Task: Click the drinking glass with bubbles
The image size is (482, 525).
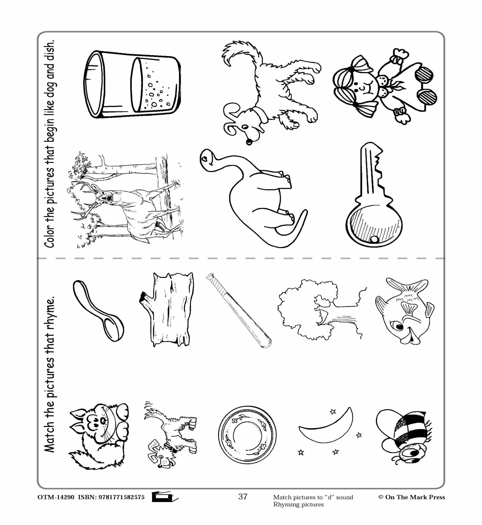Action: click(132, 84)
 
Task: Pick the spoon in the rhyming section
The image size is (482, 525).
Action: click(99, 311)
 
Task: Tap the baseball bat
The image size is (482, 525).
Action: click(239, 310)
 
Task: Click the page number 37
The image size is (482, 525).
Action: click(243, 497)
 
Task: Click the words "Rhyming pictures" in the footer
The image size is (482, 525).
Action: click(298, 504)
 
